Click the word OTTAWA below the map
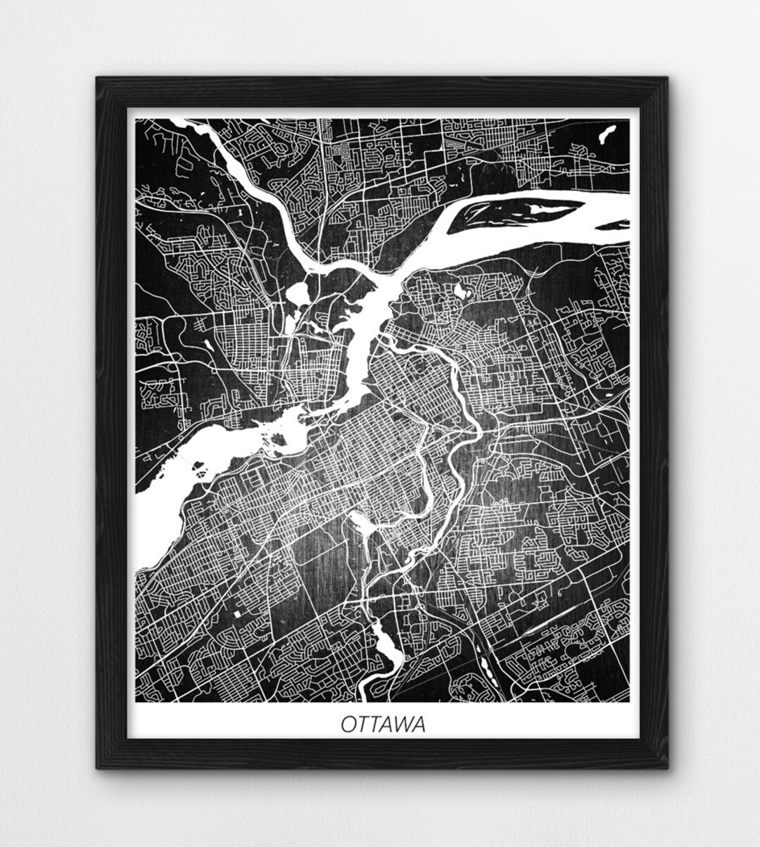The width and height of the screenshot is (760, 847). pos(384,724)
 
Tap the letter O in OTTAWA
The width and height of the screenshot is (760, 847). pos(349,724)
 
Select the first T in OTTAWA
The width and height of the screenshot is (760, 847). pos(363,724)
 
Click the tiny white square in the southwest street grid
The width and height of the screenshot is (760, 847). pos(237,614)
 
